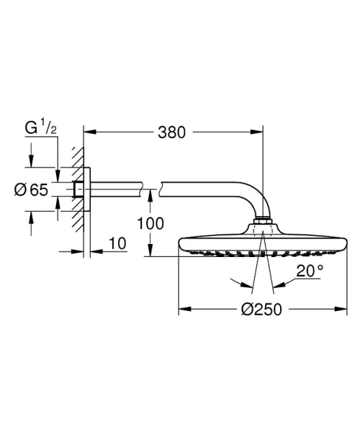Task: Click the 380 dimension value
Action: point(173,132)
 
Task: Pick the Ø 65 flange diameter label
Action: point(30,189)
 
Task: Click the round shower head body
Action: point(263,243)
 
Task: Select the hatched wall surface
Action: point(76,190)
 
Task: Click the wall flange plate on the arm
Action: point(86,190)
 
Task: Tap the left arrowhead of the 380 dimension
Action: point(89,132)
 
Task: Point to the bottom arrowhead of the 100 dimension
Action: point(150,253)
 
